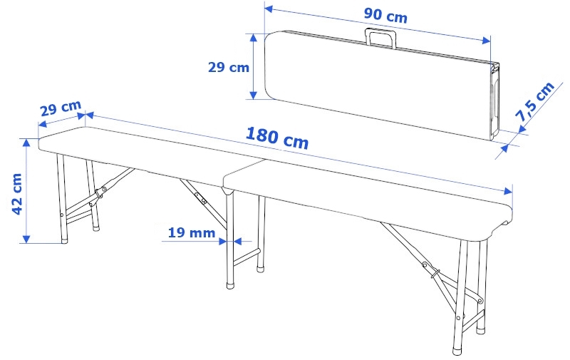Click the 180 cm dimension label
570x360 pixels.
[x=277, y=138]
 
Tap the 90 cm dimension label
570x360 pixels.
[x=385, y=15]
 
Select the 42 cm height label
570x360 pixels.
[x=16, y=194]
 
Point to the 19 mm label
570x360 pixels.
[x=192, y=232]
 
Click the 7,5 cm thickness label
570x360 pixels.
[x=534, y=102]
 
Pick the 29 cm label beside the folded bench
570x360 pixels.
[x=228, y=67]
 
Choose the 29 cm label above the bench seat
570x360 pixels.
[x=61, y=108]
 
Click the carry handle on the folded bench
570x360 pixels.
[x=380, y=38]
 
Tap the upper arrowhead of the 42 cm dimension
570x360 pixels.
[x=26, y=143]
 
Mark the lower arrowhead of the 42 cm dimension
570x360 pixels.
[x=26, y=239]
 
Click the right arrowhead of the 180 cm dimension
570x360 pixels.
[x=507, y=191]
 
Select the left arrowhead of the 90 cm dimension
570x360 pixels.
[x=269, y=9]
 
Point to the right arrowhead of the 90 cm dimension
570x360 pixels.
[x=486, y=40]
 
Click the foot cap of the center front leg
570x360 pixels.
[x=230, y=284]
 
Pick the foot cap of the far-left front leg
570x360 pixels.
[x=64, y=240]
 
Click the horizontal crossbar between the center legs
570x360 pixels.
[x=247, y=257]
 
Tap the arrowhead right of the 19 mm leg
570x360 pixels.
[x=238, y=241]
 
